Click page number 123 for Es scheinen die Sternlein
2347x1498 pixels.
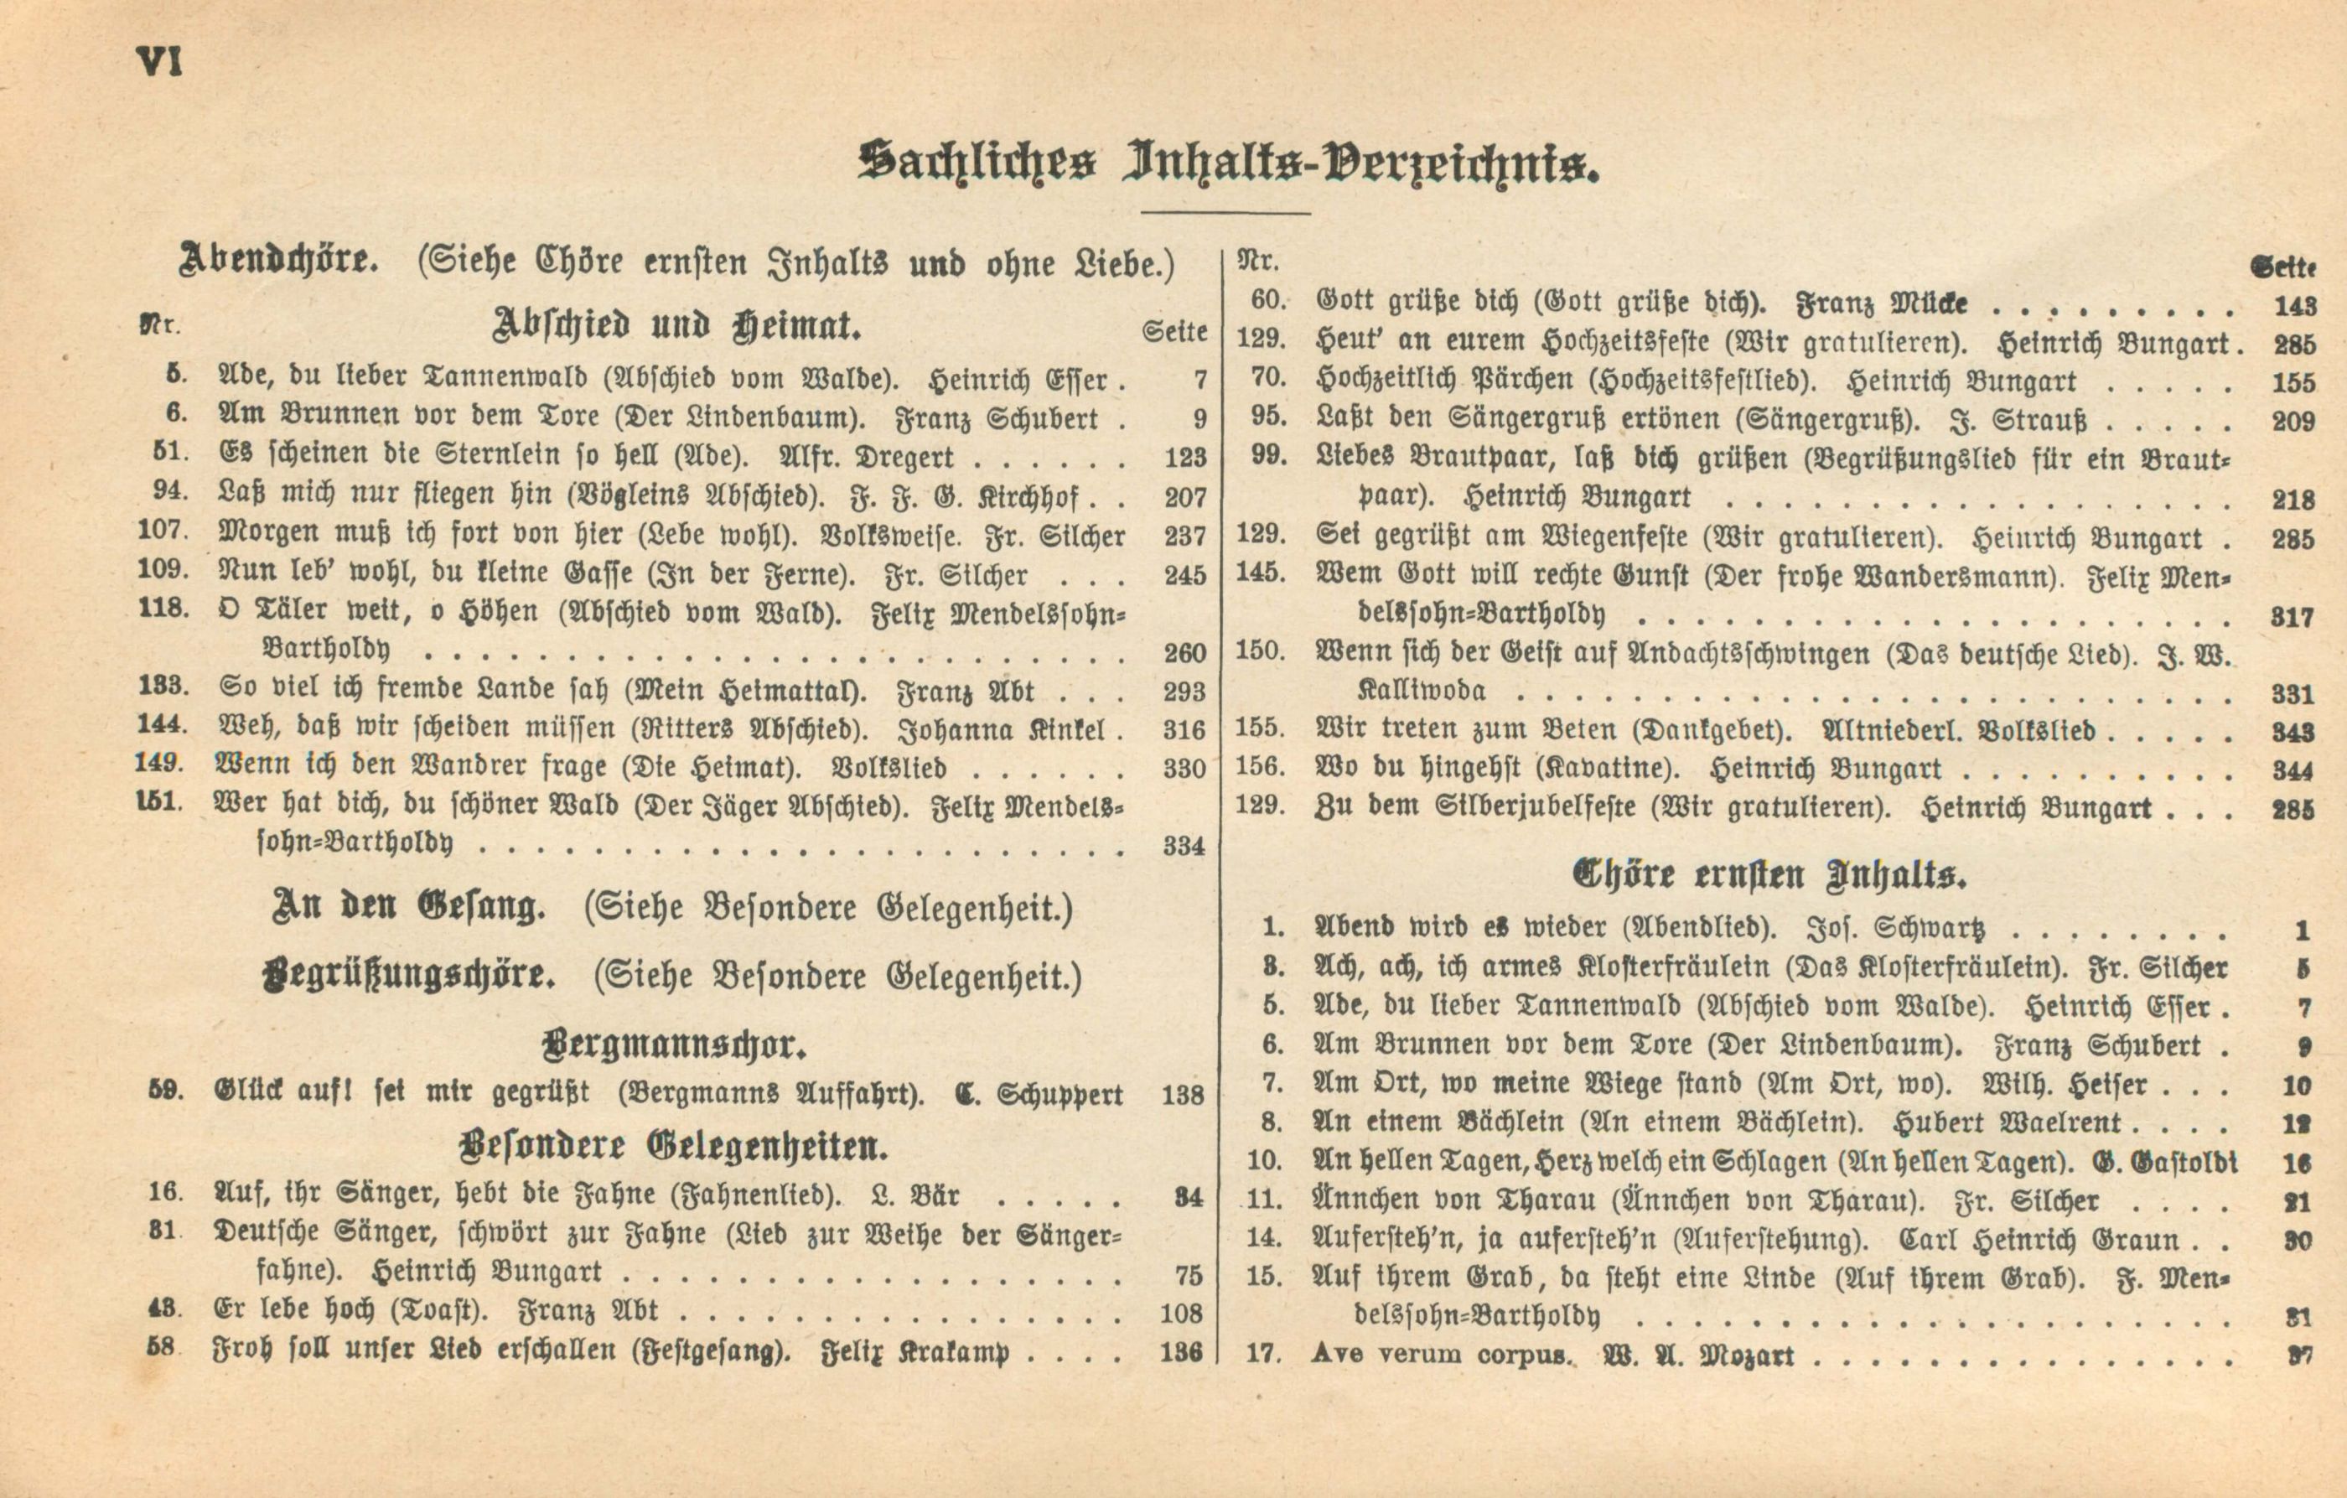[x=1184, y=458]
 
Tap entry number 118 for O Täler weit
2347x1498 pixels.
[x=163, y=608]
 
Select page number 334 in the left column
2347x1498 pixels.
[x=1184, y=846]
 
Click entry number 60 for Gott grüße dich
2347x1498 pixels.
[x=1269, y=301]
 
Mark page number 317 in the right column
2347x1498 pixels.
[x=2292, y=617]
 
